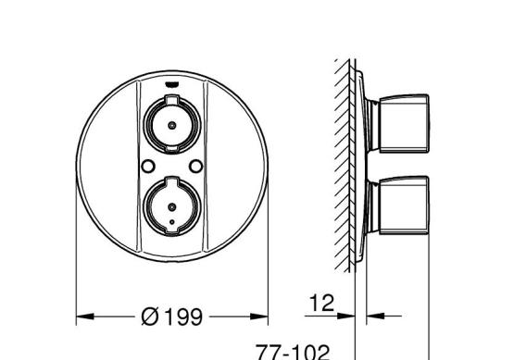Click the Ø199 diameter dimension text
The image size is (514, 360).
[x=171, y=317]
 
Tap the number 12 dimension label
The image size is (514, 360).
[x=321, y=303]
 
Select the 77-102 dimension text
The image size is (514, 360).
[x=293, y=353]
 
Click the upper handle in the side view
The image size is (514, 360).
[x=404, y=124]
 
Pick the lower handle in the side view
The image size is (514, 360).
[x=404, y=205]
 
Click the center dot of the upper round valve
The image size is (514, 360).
[x=171, y=125]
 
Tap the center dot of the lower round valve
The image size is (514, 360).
[x=171, y=207]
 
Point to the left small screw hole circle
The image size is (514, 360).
[x=148, y=166]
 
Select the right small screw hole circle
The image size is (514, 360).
[x=196, y=166]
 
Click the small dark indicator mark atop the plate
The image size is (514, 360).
[x=171, y=84]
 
